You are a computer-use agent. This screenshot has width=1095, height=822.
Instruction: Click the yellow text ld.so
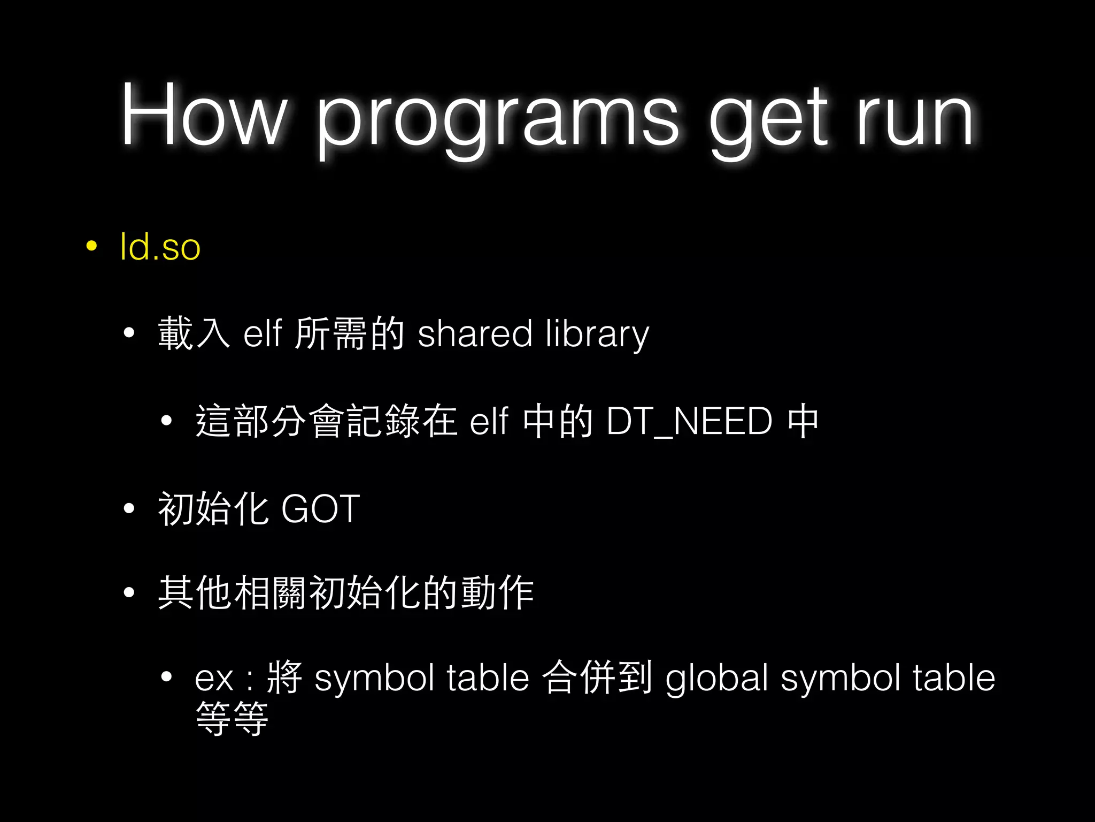click(x=160, y=247)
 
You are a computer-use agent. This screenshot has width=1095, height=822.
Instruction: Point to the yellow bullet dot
click(x=91, y=246)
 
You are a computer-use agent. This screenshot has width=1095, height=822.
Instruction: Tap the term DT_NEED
click(x=690, y=421)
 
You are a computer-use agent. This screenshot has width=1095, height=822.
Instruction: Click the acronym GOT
click(x=320, y=508)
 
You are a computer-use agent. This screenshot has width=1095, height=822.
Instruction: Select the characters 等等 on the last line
click(x=232, y=719)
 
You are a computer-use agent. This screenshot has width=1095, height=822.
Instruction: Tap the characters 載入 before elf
click(x=194, y=333)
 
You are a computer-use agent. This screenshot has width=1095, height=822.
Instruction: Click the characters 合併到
click(x=597, y=678)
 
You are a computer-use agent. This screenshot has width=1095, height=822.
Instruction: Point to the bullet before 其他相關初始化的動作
click(x=129, y=592)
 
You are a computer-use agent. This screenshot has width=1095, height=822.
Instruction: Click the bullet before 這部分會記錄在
click(x=166, y=421)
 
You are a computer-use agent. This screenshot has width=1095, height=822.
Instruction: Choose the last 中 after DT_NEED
click(x=803, y=421)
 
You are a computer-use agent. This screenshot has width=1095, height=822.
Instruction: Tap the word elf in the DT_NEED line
click(x=489, y=421)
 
